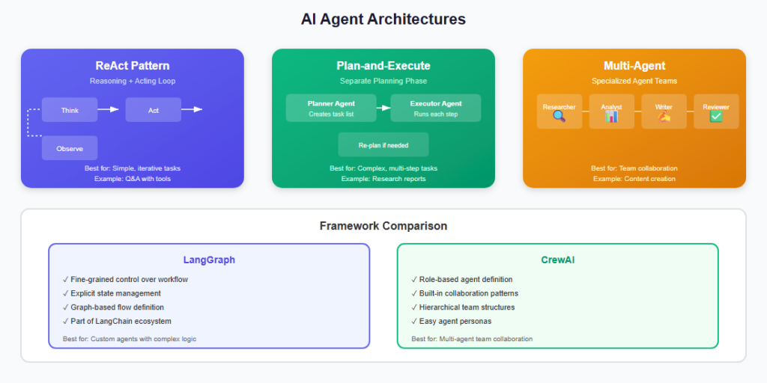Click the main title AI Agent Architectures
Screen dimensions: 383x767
[x=383, y=19]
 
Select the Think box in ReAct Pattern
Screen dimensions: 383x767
[x=70, y=110]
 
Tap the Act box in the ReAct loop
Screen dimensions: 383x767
[x=153, y=110]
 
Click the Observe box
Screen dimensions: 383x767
[x=70, y=148]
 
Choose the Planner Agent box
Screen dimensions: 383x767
[x=331, y=108]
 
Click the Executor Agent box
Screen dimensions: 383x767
[x=436, y=108]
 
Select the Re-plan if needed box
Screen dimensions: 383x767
[x=383, y=145]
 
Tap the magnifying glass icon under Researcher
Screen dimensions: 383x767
[x=559, y=117]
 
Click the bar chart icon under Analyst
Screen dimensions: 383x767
[x=611, y=117]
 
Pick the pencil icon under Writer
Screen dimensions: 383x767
[x=664, y=117]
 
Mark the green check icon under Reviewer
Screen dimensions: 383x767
[x=716, y=117]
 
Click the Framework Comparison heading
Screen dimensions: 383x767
[x=383, y=226]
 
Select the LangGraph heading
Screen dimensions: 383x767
[x=209, y=260]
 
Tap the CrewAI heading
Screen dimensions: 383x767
[x=557, y=260]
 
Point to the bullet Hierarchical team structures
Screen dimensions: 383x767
[x=461, y=307]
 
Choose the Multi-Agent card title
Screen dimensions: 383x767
[x=634, y=66]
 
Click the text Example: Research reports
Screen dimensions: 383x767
[x=383, y=179]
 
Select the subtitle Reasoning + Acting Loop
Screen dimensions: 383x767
[x=132, y=81]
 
